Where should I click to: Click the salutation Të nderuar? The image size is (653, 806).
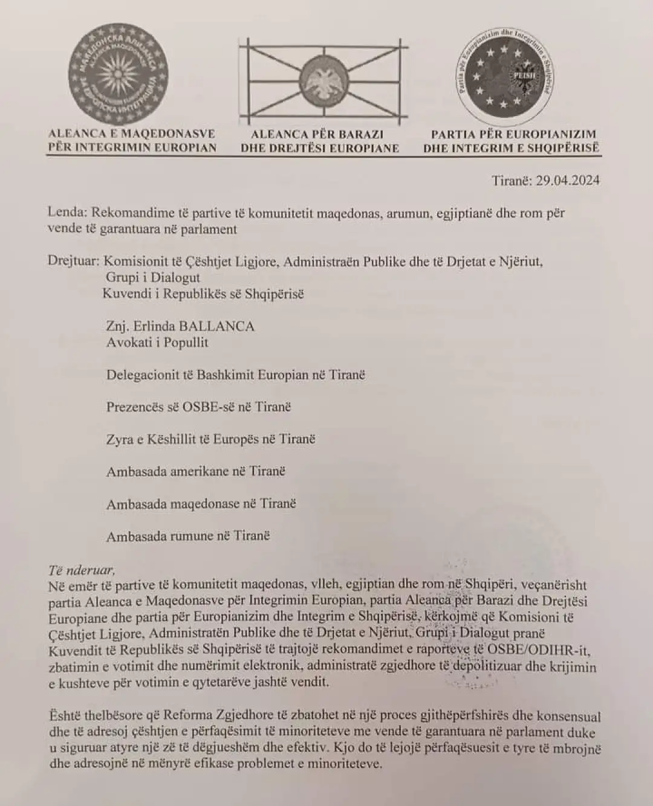click(x=81, y=569)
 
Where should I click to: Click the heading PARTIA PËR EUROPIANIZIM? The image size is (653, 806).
click(x=513, y=134)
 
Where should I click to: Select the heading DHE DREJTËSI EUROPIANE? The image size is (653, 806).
click(x=320, y=148)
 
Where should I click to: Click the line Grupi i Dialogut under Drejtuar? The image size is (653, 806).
click(x=153, y=278)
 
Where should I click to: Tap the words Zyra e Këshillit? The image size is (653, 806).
click(x=149, y=439)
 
